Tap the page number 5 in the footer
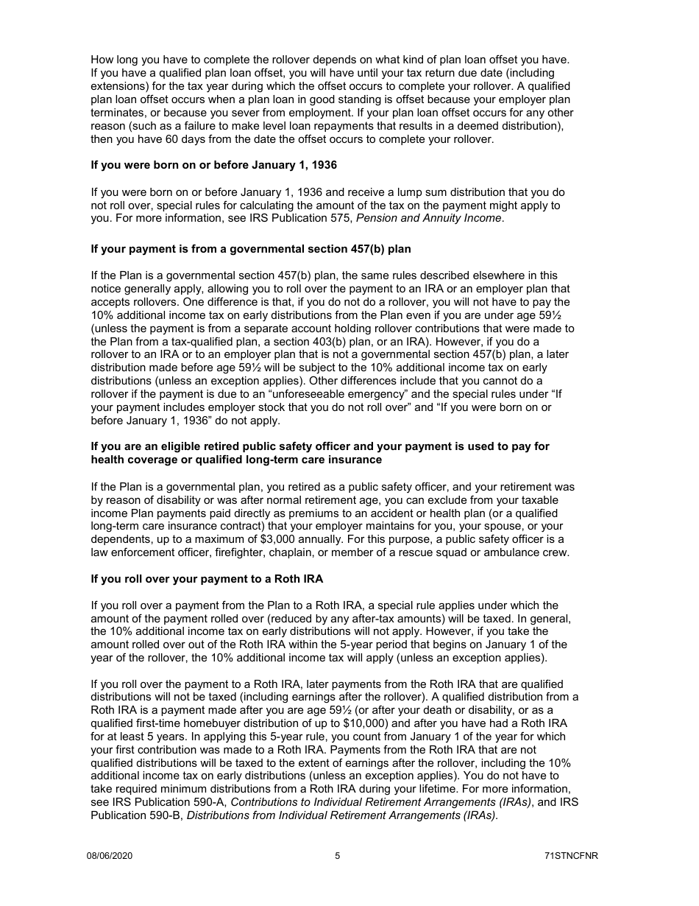pyautogui.click(x=337, y=855)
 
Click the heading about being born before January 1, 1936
pyautogui.click(x=213, y=165)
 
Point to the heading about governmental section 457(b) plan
pyautogui.click(x=251, y=249)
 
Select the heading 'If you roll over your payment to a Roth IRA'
pyautogui.click(x=207, y=579)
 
